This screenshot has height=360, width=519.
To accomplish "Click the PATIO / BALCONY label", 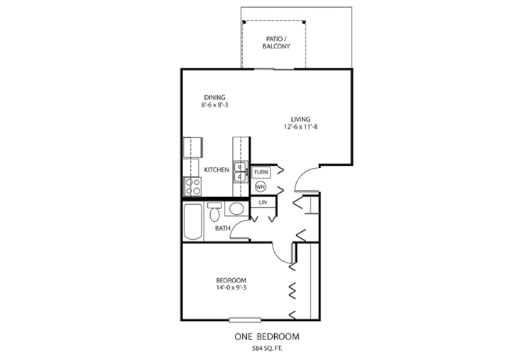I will coord(275,41).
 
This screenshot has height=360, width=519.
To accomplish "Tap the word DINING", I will coord(214,97).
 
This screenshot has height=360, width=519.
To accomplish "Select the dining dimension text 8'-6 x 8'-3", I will coord(214,105).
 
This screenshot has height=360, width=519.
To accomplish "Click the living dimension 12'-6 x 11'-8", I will coord(300,127).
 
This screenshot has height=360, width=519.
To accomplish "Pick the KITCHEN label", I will coord(216,170).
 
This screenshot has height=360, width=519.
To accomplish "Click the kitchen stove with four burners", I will coord(192,186).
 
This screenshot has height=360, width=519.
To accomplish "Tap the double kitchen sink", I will coord(241,171).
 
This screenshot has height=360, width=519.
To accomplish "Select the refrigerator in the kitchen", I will coord(194,147).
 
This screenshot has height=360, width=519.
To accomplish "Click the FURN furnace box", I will coord(261,172).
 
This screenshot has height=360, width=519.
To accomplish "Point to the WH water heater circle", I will coord(261,186).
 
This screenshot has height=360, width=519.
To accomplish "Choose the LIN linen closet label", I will coord(262,203).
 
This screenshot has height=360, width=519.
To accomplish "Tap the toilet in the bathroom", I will coord(214,213).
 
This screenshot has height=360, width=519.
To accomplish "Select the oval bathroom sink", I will coord(236,209).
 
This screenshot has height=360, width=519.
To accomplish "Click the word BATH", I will coord(222,228).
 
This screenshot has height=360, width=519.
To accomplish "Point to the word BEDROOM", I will coord(231,280).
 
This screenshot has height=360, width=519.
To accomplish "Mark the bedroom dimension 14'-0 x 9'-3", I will coord(231,288).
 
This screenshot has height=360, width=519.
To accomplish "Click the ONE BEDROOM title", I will coord(266,336).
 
